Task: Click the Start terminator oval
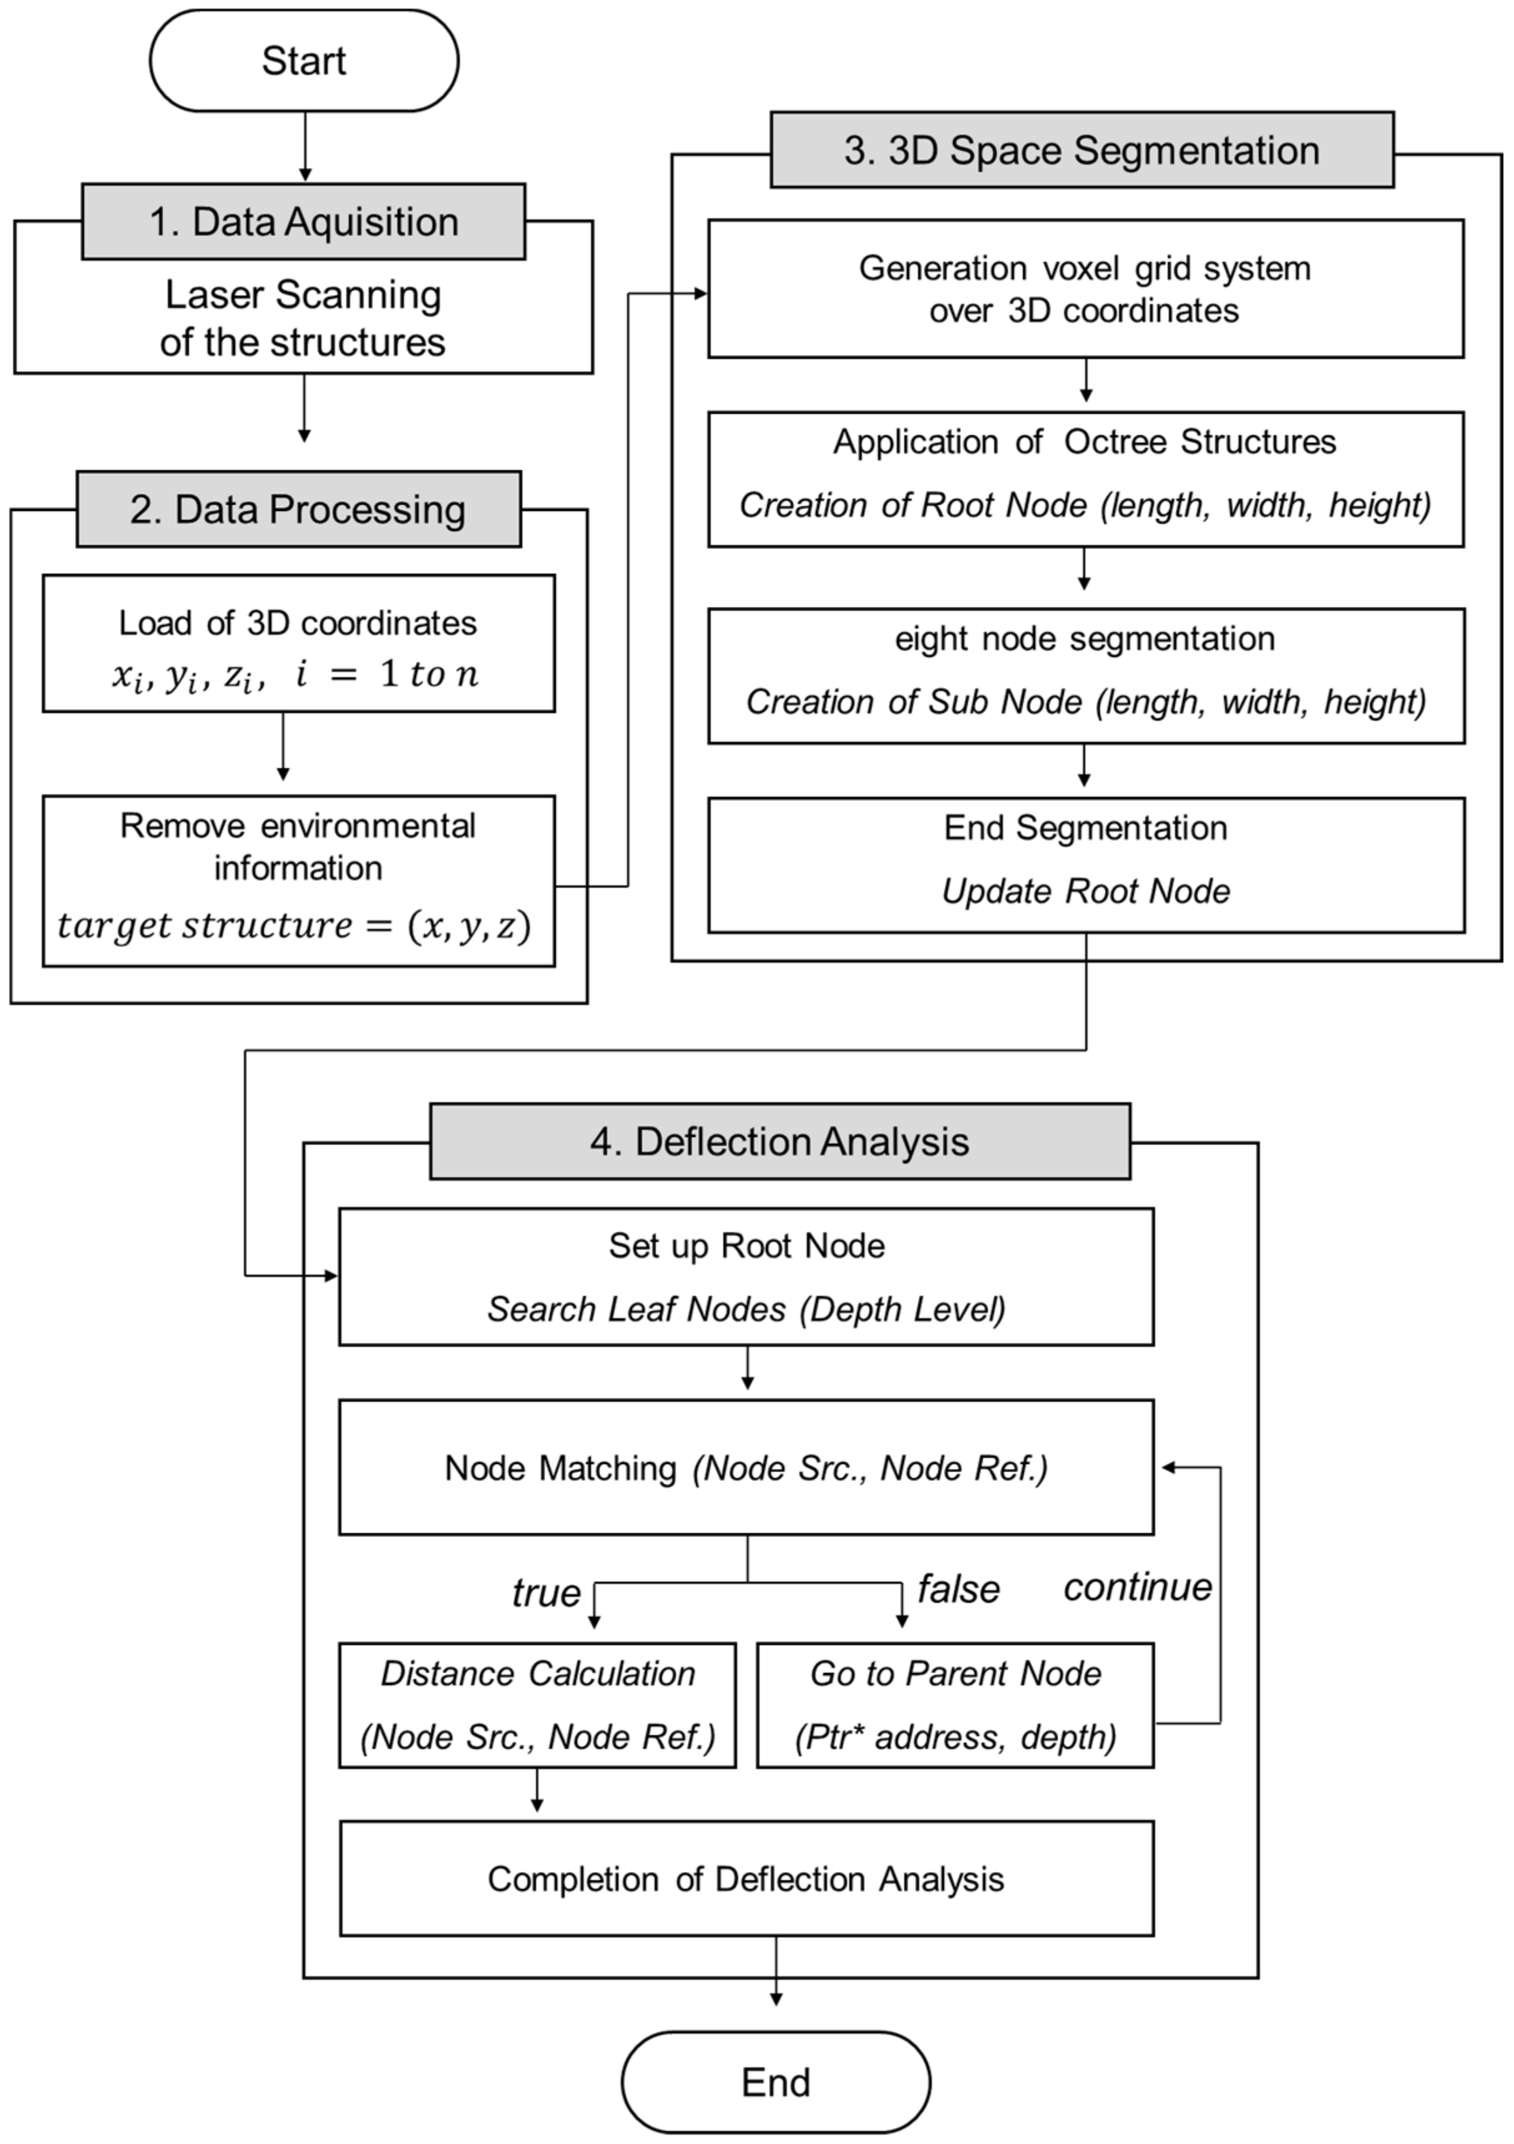(303, 61)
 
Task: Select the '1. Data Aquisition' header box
(303, 221)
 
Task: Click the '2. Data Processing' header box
(298, 509)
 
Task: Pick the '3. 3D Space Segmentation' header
(1082, 150)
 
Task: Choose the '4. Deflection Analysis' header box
(780, 1141)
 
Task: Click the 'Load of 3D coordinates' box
(298, 643)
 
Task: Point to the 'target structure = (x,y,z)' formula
(294, 925)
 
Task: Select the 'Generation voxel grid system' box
(1085, 289)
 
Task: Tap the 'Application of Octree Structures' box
(1085, 479)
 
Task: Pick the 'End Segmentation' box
(1085, 865)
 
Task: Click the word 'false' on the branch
(959, 1588)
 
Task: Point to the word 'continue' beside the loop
(1138, 1586)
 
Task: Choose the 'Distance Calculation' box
(537, 1705)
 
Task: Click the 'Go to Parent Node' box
(955, 1705)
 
